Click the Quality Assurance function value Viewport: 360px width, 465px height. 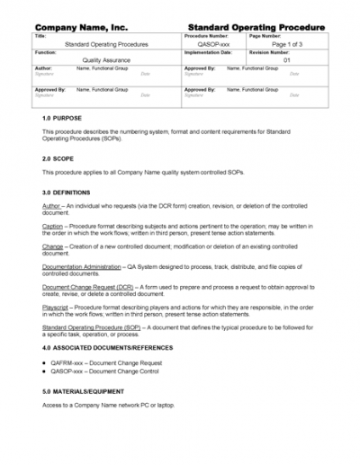[106, 59]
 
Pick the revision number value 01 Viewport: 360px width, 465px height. [287, 59]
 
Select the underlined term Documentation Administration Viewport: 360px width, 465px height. [81, 266]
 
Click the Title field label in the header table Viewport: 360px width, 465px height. [39, 36]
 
